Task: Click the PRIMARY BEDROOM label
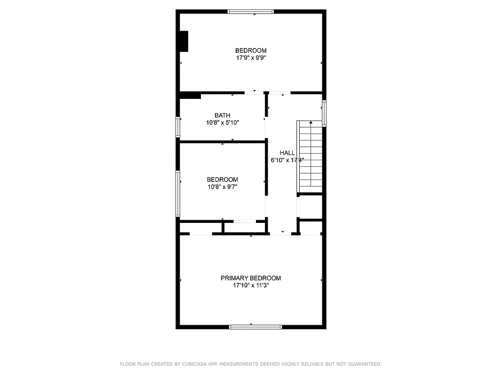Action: [x=251, y=278]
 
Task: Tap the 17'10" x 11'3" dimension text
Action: [x=251, y=286]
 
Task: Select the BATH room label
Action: [x=223, y=115]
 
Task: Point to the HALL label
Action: [x=287, y=153]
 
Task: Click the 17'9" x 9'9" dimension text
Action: [x=251, y=58]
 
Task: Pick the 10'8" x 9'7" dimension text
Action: [x=223, y=187]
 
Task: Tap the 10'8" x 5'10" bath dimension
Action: [x=223, y=123]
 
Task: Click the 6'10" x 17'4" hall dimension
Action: [x=287, y=160]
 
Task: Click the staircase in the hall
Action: [x=310, y=158]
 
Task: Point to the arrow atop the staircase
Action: [x=311, y=123]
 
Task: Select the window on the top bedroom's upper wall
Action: [x=250, y=11]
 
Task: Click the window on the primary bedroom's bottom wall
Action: [x=255, y=327]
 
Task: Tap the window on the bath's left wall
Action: [x=178, y=127]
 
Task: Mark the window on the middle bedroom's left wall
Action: [x=178, y=193]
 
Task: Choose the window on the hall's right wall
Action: [x=324, y=113]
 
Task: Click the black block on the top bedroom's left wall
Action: [x=184, y=41]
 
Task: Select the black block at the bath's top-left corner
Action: [x=191, y=96]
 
